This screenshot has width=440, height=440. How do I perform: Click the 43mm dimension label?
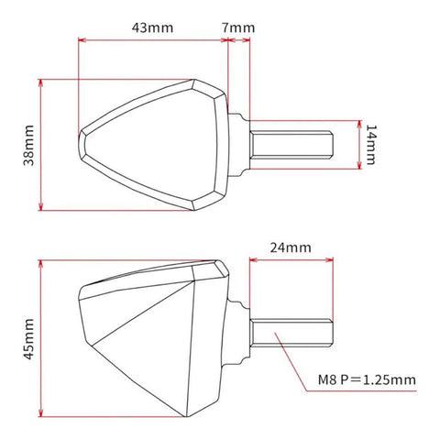tap(152, 27)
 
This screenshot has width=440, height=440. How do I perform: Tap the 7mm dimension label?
tap(238, 27)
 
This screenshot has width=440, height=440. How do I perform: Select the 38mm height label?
tap(28, 145)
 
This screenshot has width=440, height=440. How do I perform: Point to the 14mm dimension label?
tap(370, 145)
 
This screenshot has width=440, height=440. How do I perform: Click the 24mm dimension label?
tap(291, 247)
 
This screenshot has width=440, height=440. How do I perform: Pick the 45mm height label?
tap(28, 339)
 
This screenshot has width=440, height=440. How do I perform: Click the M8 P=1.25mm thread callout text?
tap(367, 380)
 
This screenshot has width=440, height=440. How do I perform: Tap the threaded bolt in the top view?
tap(291, 145)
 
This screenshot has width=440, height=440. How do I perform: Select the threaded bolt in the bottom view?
tap(291, 333)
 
